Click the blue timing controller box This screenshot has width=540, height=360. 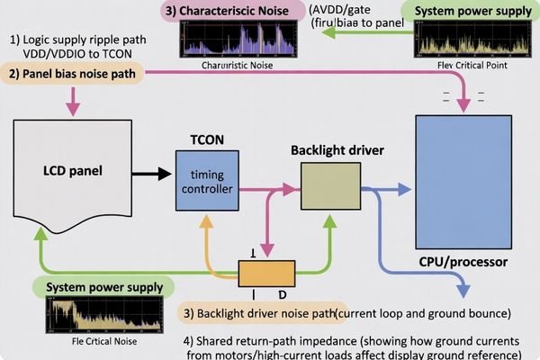coord(207,183)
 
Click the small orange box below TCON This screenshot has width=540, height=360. coord(266,272)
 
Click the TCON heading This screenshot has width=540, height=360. coord(206,139)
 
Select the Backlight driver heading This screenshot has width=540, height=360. coord(335,148)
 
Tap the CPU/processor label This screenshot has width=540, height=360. coord(463,263)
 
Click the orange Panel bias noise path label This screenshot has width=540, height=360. coord(74,73)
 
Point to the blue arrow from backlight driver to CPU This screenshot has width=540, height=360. coord(387,190)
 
